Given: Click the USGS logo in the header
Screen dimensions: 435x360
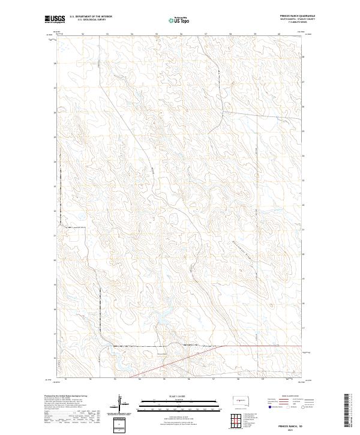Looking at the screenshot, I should (55, 19).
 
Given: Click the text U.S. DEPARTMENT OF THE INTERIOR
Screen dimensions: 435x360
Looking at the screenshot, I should (91, 17).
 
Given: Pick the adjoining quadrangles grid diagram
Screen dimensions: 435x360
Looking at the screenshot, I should (239, 421).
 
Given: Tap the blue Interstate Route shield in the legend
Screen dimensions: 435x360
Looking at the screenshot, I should (269, 407).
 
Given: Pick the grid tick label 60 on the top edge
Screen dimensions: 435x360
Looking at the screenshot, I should (280, 34).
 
